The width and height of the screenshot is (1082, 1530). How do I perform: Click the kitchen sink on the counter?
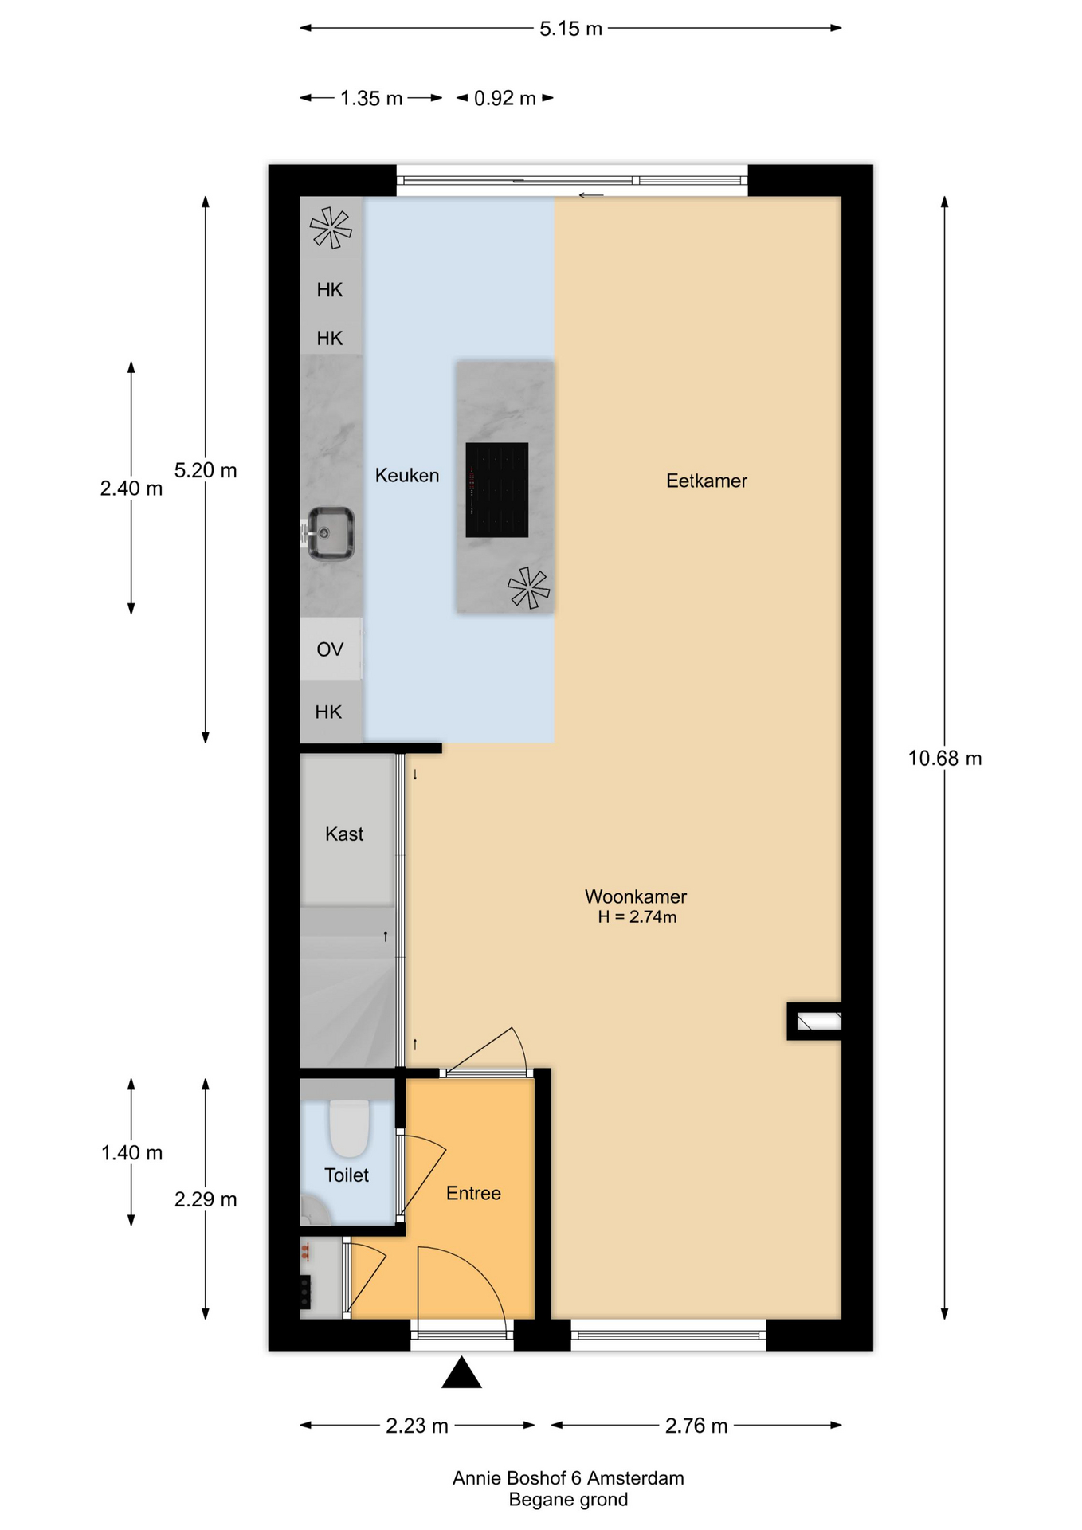pyautogui.click(x=330, y=533)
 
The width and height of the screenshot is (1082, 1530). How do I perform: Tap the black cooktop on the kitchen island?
pyautogui.click(x=496, y=489)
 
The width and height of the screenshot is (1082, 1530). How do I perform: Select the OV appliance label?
pyautogui.click(x=330, y=649)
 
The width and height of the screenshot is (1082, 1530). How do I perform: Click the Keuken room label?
pyautogui.click(x=406, y=476)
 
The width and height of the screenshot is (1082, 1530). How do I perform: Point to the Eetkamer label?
pyautogui.click(x=706, y=481)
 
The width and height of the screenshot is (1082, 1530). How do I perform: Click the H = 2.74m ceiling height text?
pyautogui.click(x=637, y=917)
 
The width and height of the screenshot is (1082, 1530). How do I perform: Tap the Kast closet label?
pyautogui.click(x=343, y=834)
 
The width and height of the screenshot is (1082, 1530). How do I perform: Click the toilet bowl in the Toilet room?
pyautogui.click(x=349, y=1127)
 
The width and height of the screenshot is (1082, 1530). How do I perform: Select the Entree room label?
pyautogui.click(x=473, y=1193)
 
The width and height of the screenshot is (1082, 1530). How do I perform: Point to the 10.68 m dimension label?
pyautogui.click(x=944, y=759)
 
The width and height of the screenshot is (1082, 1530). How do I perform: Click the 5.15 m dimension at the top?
pyautogui.click(x=570, y=29)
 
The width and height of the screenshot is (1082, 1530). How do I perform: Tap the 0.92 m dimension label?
pyautogui.click(x=504, y=99)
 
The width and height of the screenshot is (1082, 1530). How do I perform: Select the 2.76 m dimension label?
pyautogui.click(x=696, y=1426)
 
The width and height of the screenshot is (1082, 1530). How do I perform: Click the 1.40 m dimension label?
pyautogui.click(x=131, y=1152)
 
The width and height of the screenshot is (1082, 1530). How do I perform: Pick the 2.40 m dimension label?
pyautogui.click(x=131, y=488)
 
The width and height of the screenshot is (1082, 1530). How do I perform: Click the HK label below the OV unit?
pyautogui.click(x=328, y=712)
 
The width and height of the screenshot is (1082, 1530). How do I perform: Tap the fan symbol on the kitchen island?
pyautogui.click(x=528, y=588)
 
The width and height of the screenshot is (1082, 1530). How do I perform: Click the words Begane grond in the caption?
pyautogui.click(x=568, y=1500)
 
